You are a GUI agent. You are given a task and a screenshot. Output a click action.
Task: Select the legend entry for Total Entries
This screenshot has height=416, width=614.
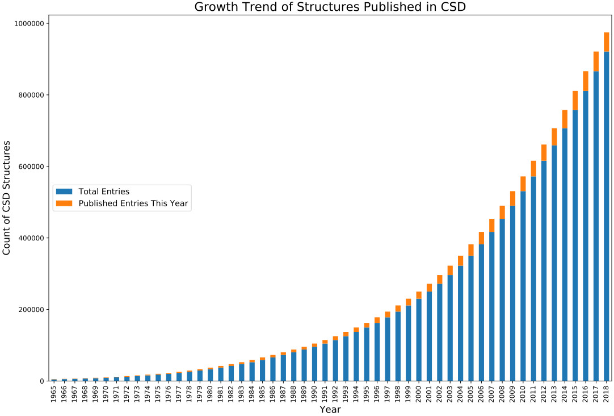tap(104, 192)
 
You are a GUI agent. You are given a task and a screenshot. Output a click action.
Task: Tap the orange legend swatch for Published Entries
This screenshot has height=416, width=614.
tap(64, 203)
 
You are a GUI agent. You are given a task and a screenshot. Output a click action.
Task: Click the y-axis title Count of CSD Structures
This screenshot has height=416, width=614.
tap(7, 198)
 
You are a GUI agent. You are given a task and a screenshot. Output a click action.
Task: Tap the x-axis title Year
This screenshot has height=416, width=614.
tap(330, 409)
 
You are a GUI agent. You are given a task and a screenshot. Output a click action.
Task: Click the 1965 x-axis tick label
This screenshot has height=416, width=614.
tap(54, 393)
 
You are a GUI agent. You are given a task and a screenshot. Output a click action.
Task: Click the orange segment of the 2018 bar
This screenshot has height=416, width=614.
tap(607, 42)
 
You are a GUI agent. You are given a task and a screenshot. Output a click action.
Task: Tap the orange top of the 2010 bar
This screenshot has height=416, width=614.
tap(523, 184)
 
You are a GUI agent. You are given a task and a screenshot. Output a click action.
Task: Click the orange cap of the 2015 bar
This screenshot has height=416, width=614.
tap(575, 100)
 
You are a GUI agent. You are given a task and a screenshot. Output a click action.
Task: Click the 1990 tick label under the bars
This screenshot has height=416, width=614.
tap(315, 393)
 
